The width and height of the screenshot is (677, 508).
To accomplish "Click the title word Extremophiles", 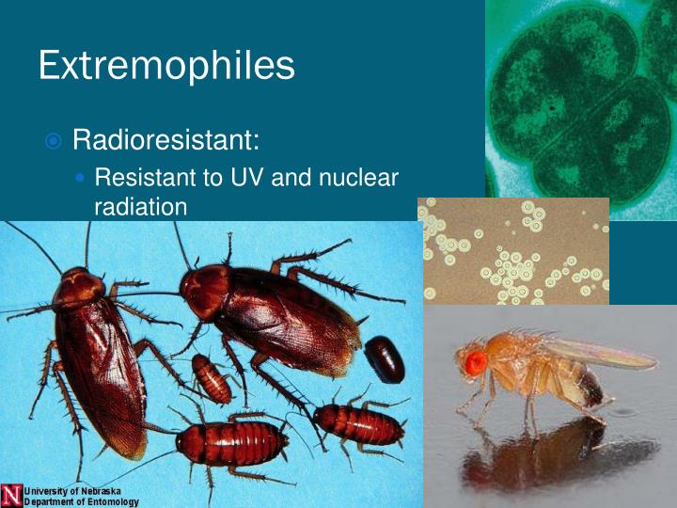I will tap(166, 65).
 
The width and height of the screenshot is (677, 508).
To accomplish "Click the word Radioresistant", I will tap(165, 141).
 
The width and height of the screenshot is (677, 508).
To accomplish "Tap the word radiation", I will tap(141, 206).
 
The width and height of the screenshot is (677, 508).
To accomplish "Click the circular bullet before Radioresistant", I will tap(54, 142).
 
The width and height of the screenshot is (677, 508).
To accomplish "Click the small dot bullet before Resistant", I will tap(81, 178).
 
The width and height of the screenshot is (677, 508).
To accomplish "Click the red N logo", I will tap(11, 495).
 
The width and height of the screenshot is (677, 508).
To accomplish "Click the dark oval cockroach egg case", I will tap(385, 358).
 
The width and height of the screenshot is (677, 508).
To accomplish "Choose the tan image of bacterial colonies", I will tap(513, 251).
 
